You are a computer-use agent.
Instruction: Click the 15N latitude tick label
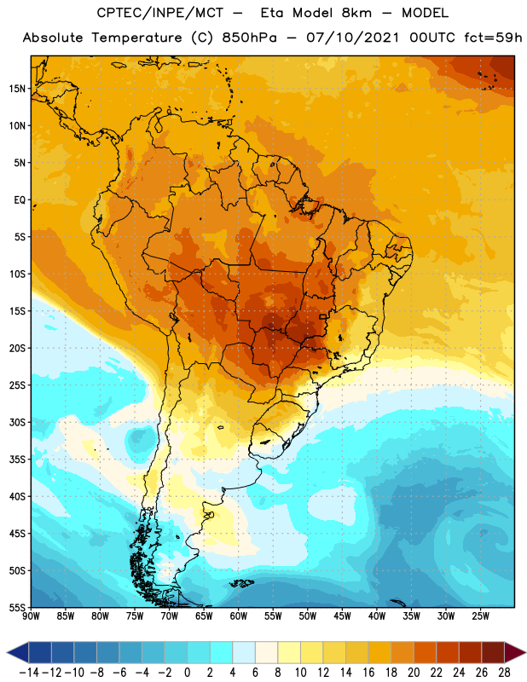tap(17, 89)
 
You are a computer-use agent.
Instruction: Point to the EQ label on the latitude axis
tap(20, 200)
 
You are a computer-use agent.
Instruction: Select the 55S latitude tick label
tap(17, 608)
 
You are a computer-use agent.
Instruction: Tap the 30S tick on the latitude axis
tap(17, 422)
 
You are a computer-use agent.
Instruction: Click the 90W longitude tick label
tap(31, 616)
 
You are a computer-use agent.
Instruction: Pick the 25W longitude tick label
tap(480, 616)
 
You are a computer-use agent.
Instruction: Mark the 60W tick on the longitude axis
tap(239, 616)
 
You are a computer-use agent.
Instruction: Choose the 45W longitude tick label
tap(342, 616)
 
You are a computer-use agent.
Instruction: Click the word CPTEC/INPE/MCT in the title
tap(160, 13)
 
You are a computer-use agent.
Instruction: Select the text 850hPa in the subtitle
tap(249, 38)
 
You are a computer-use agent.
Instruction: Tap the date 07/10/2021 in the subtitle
tap(352, 38)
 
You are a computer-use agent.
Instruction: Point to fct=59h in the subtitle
tap(493, 38)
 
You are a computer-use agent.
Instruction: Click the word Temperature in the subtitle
tap(136, 38)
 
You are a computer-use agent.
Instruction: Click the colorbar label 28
tap(504, 673)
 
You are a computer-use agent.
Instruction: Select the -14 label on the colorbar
tap(29, 673)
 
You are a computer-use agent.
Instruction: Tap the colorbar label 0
tap(187, 673)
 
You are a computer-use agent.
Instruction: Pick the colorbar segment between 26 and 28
tap(493, 653)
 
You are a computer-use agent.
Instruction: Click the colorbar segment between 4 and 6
tap(244, 653)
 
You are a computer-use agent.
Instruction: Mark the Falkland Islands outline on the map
tap(241, 583)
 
